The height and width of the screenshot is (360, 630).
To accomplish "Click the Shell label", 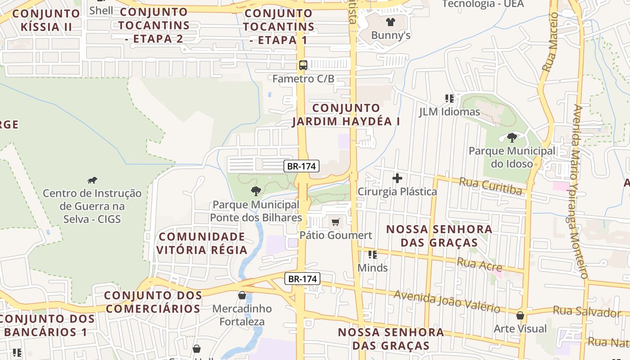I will point(101,10).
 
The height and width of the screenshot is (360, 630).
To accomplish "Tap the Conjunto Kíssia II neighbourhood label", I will point(46,20).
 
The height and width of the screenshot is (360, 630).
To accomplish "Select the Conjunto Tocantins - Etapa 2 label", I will point(154,25).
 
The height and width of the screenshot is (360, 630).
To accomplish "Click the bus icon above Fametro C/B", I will point(303,65).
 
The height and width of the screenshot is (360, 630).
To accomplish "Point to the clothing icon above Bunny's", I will point(390,21).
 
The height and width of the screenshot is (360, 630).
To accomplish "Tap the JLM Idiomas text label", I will point(450,112).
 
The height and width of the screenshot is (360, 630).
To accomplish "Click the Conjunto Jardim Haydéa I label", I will point(346,115).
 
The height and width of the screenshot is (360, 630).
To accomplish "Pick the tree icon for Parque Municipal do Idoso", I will point(512,137).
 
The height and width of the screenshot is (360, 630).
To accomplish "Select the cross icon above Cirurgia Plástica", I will point(397,178).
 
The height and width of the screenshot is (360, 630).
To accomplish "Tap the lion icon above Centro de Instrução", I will point(92,180).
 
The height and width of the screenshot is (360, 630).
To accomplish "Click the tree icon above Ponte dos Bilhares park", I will point(256,191).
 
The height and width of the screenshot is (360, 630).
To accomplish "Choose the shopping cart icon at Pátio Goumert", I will point(335,222).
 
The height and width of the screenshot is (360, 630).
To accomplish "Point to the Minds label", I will point(373,268).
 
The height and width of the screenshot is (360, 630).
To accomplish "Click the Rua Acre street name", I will point(479,264).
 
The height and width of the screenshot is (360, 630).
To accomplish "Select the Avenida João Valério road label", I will point(447,301).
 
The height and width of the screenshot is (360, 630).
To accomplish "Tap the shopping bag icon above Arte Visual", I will point(520,315).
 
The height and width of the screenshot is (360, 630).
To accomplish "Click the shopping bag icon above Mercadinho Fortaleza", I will point(242,295).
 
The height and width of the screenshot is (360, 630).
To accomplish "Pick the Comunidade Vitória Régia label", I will point(202,243).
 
